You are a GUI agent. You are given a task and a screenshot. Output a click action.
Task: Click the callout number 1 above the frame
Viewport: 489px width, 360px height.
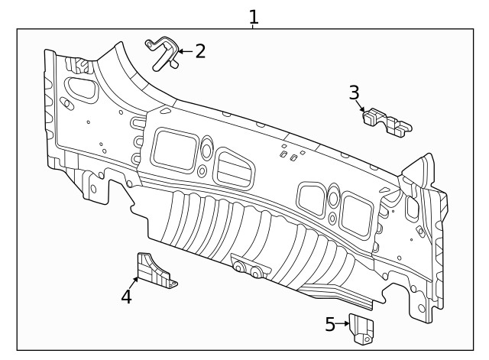[254, 15]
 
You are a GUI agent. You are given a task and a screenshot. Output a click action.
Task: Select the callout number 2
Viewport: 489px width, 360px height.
[200, 51]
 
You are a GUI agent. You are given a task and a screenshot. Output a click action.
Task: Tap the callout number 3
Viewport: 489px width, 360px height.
[354, 93]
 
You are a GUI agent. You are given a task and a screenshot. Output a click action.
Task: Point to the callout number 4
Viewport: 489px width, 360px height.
[126, 297]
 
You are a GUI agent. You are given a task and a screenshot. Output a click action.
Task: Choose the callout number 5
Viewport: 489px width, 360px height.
[330, 324]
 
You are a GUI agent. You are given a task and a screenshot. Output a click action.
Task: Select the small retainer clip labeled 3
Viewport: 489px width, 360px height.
[386, 122]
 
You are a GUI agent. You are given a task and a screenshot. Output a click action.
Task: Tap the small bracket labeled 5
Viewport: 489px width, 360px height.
[362, 327]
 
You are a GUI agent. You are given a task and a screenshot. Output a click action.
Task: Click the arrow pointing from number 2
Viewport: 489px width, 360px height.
[184, 53]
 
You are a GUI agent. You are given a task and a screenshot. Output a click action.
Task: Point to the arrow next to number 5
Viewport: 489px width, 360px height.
[343, 324]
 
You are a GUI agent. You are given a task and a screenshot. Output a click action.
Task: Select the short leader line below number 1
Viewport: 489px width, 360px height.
[254, 27]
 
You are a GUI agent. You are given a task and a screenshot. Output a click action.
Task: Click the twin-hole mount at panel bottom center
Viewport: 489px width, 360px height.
[248, 268]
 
